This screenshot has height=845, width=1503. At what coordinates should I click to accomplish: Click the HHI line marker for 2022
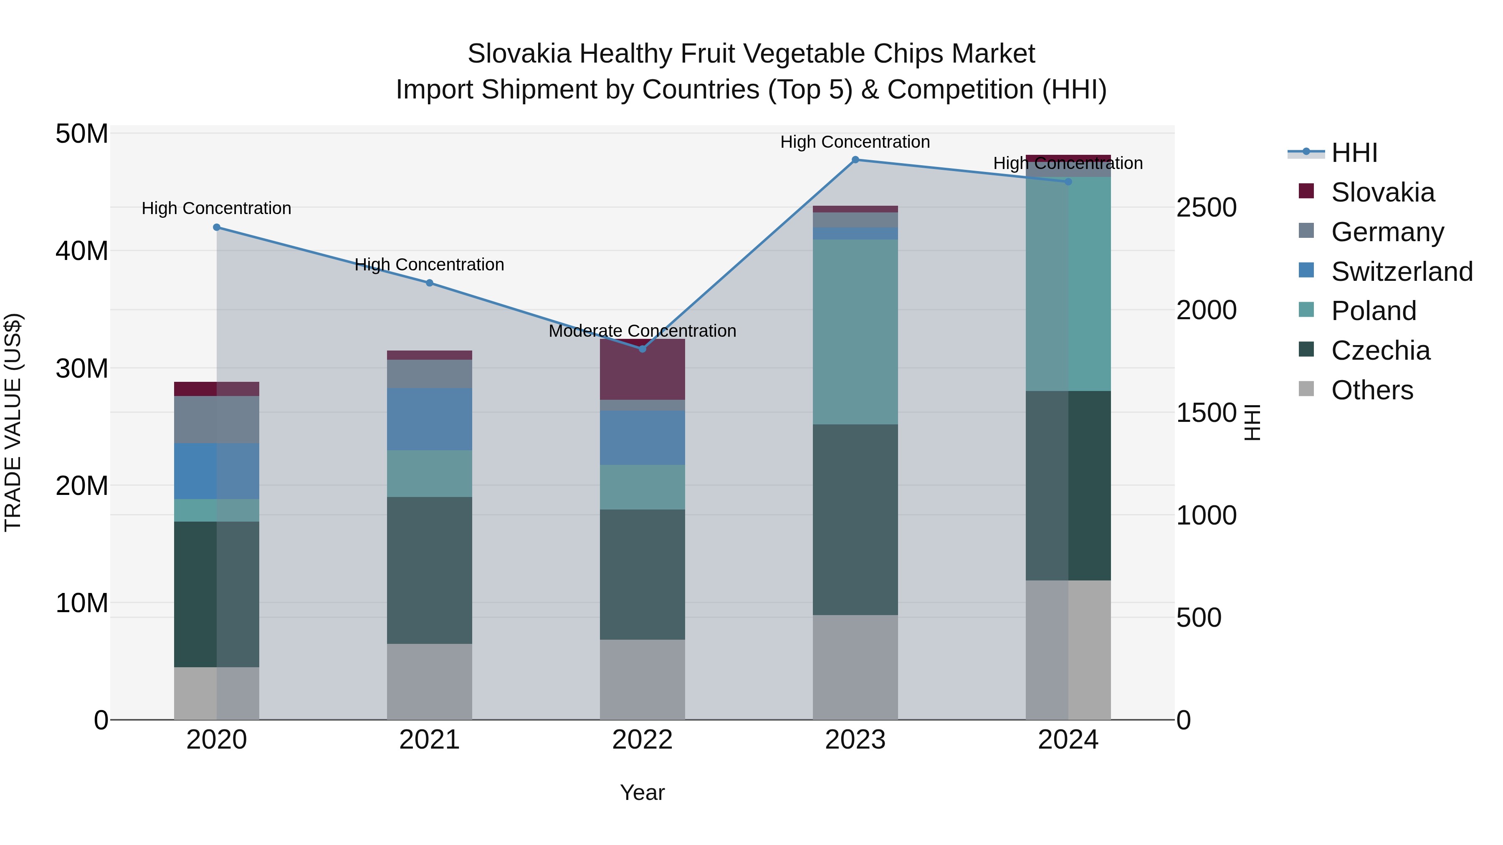[643, 349]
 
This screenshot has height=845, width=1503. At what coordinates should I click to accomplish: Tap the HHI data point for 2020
[216, 227]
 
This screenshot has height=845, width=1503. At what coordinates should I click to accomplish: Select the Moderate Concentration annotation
[643, 330]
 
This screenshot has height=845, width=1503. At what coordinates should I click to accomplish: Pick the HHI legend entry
[1354, 153]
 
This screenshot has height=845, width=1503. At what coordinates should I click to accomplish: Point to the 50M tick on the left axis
[82, 134]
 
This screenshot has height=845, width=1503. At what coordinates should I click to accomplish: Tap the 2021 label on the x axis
[430, 740]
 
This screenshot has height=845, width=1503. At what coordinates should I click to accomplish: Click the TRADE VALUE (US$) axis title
[13, 422]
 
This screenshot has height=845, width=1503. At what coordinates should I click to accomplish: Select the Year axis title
[643, 792]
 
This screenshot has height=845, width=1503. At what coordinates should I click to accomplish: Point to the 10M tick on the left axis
[82, 603]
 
